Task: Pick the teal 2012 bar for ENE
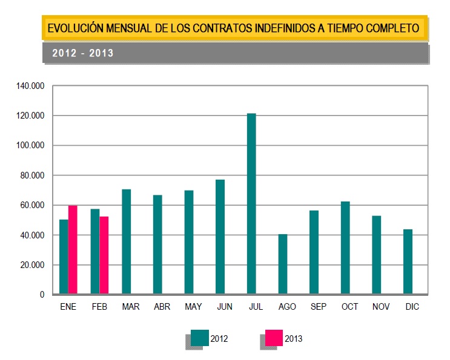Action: click(64, 257)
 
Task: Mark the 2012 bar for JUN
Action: click(220, 237)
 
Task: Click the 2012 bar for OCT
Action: click(345, 248)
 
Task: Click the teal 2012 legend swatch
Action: click(200, 338)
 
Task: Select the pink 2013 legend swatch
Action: click(274, 338)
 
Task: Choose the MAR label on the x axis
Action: click(130, 307)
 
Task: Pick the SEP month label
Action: click(318, 307)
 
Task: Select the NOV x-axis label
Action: click(381, 307)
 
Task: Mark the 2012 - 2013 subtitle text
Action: click(83, 53)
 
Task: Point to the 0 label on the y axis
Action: click(42, 295)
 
